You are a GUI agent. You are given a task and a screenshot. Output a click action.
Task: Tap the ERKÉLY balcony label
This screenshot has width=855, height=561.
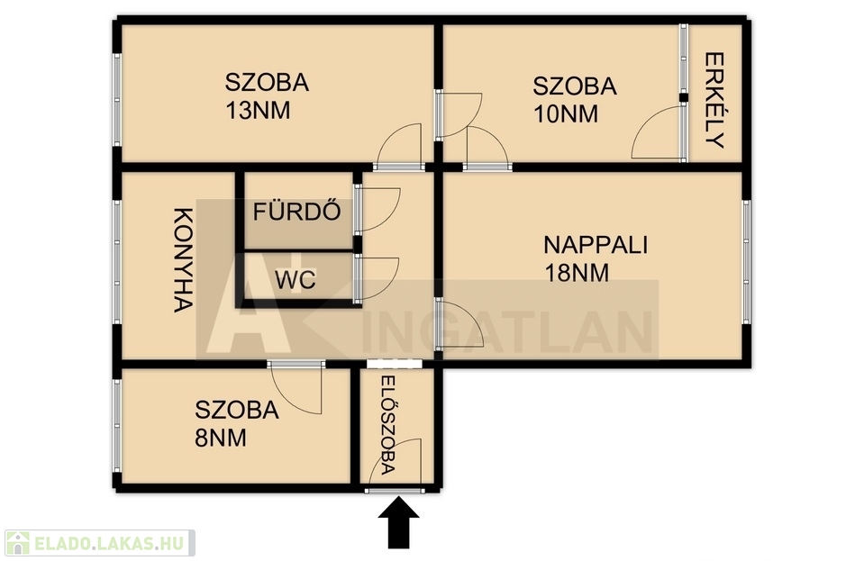(x=714, y=100)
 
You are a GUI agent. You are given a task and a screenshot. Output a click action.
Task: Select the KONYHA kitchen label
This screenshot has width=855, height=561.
(x=183, y=260)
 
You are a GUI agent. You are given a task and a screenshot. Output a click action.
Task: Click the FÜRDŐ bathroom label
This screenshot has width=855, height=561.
(x=296, y=211)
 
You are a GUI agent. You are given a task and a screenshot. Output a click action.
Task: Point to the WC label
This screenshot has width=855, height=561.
(x=295, y=280)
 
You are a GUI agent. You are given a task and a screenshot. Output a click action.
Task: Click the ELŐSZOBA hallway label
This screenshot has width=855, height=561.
(x=387, y=425)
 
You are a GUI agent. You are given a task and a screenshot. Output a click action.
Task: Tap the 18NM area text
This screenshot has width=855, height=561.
(x=577, y=273)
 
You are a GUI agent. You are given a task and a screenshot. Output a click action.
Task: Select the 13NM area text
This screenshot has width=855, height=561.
(x=258, y=111)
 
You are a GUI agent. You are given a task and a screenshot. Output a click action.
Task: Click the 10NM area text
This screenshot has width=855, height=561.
(x=566, y=114)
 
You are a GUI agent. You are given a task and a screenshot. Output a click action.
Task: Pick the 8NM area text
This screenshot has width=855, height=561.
(x=221, y=438)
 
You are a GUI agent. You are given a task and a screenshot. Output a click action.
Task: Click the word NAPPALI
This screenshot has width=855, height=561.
(x=596, y=245)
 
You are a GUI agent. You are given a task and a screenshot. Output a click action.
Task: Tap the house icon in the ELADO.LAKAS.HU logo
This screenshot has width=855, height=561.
(x=18, y=543)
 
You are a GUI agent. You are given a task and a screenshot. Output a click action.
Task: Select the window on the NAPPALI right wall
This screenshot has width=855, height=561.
(x=747, y=262)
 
